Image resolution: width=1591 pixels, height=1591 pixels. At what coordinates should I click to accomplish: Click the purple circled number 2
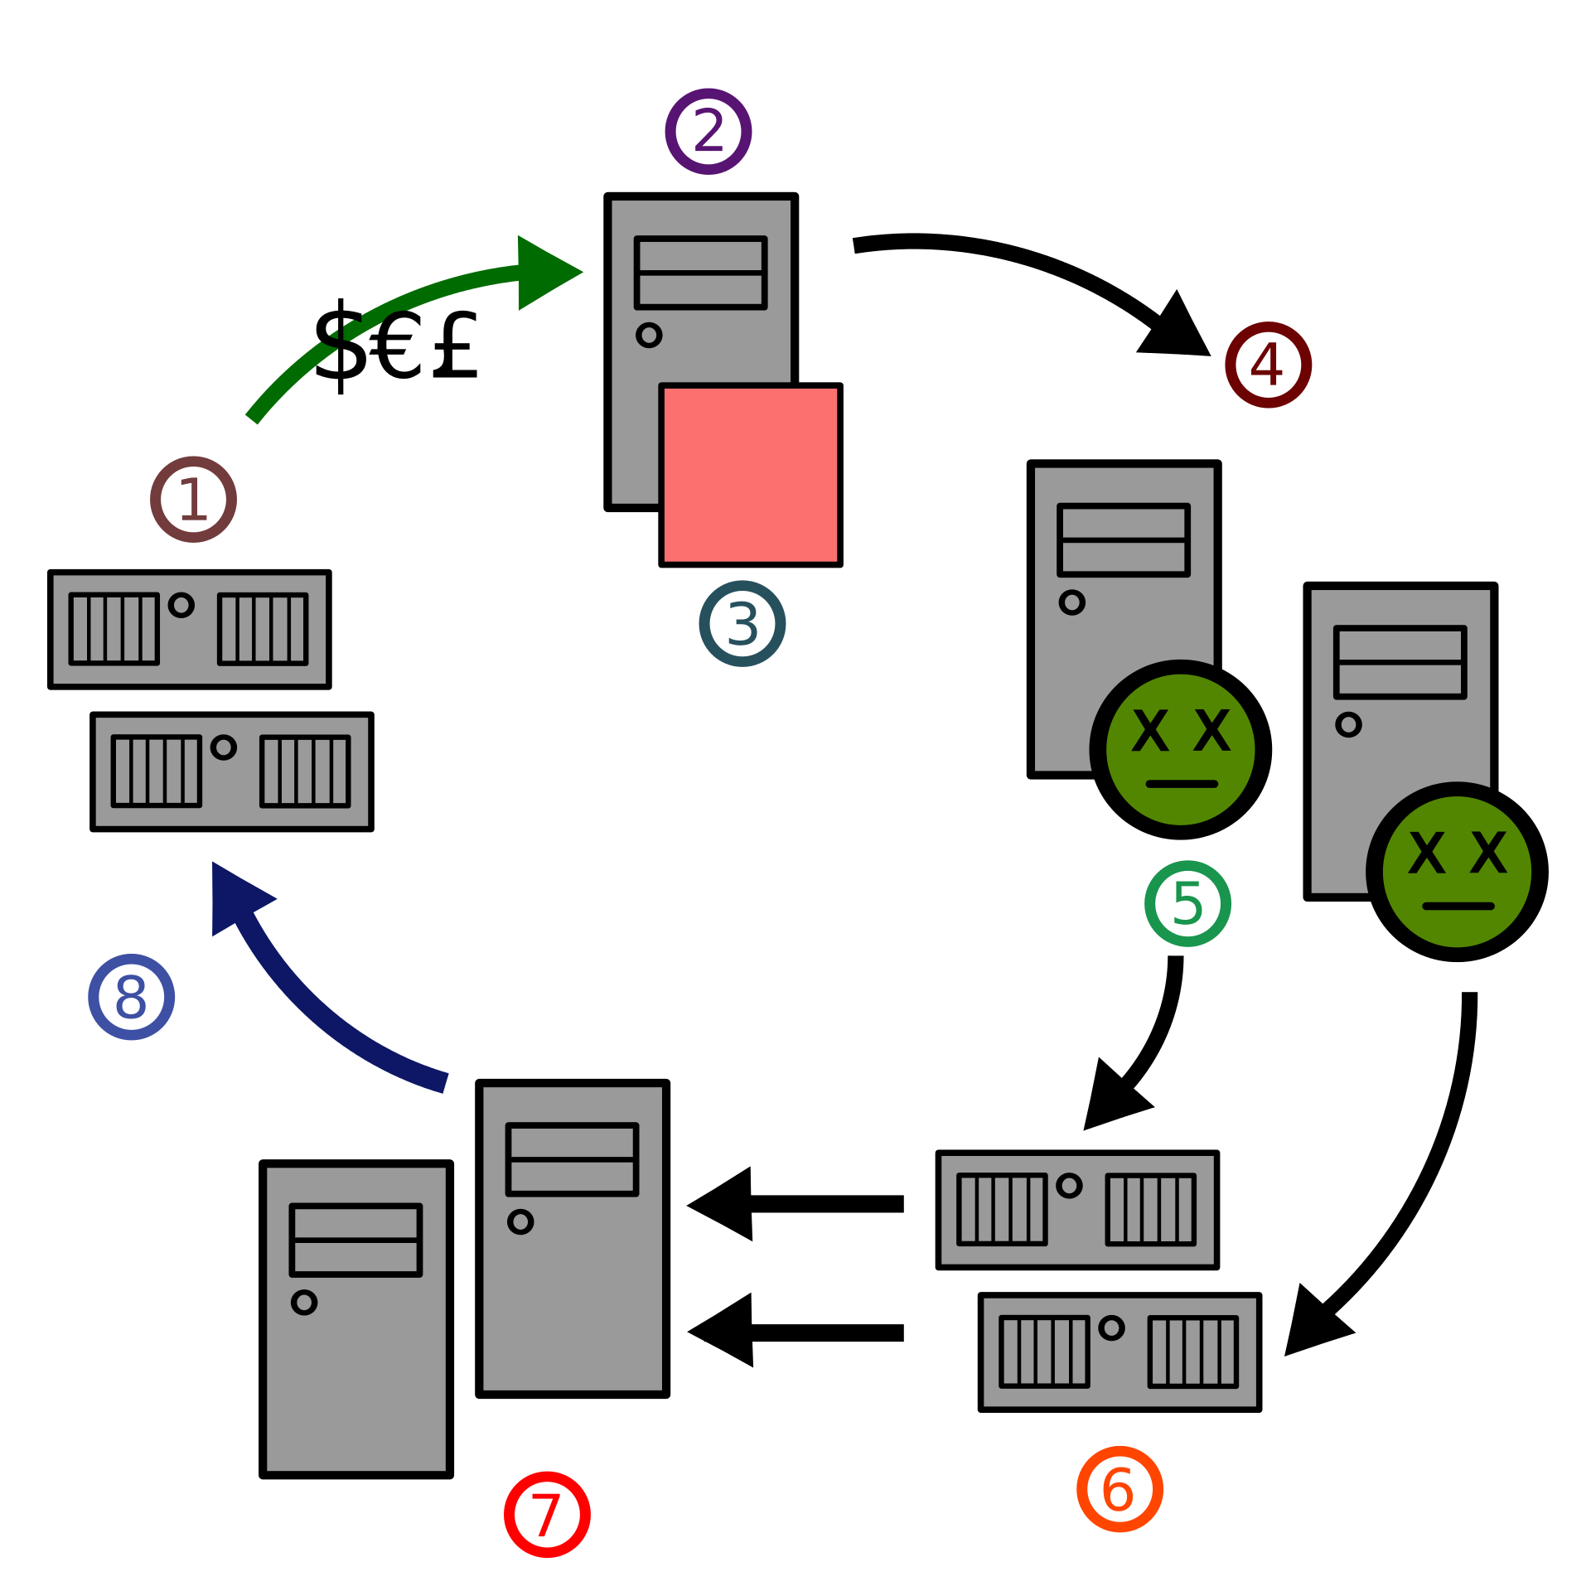708,131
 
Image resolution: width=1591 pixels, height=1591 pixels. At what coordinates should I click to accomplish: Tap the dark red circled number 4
1267,363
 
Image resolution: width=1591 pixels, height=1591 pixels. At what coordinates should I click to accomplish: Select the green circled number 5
1187,903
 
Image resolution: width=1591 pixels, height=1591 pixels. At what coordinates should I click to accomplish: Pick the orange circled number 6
1120,1489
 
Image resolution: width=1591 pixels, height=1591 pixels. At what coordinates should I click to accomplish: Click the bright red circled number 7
547,1515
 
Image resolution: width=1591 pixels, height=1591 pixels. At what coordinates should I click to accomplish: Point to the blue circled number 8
132,997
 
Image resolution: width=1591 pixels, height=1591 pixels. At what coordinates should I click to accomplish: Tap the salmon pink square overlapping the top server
750,475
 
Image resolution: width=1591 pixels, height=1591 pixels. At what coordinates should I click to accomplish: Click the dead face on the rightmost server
1457,872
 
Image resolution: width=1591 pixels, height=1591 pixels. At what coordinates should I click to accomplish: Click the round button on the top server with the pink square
649,335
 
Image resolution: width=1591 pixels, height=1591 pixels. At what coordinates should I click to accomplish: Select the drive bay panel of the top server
700,273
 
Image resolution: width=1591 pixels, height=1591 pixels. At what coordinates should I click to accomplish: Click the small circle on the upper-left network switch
181,605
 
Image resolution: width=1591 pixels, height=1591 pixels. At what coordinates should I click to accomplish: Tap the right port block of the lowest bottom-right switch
1192,1352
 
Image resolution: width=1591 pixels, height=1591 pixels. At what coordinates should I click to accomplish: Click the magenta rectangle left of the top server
452,517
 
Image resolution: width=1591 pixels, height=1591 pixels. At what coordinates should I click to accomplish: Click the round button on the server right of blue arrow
520,1221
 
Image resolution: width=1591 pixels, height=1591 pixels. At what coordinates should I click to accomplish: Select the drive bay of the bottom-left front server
355,1240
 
